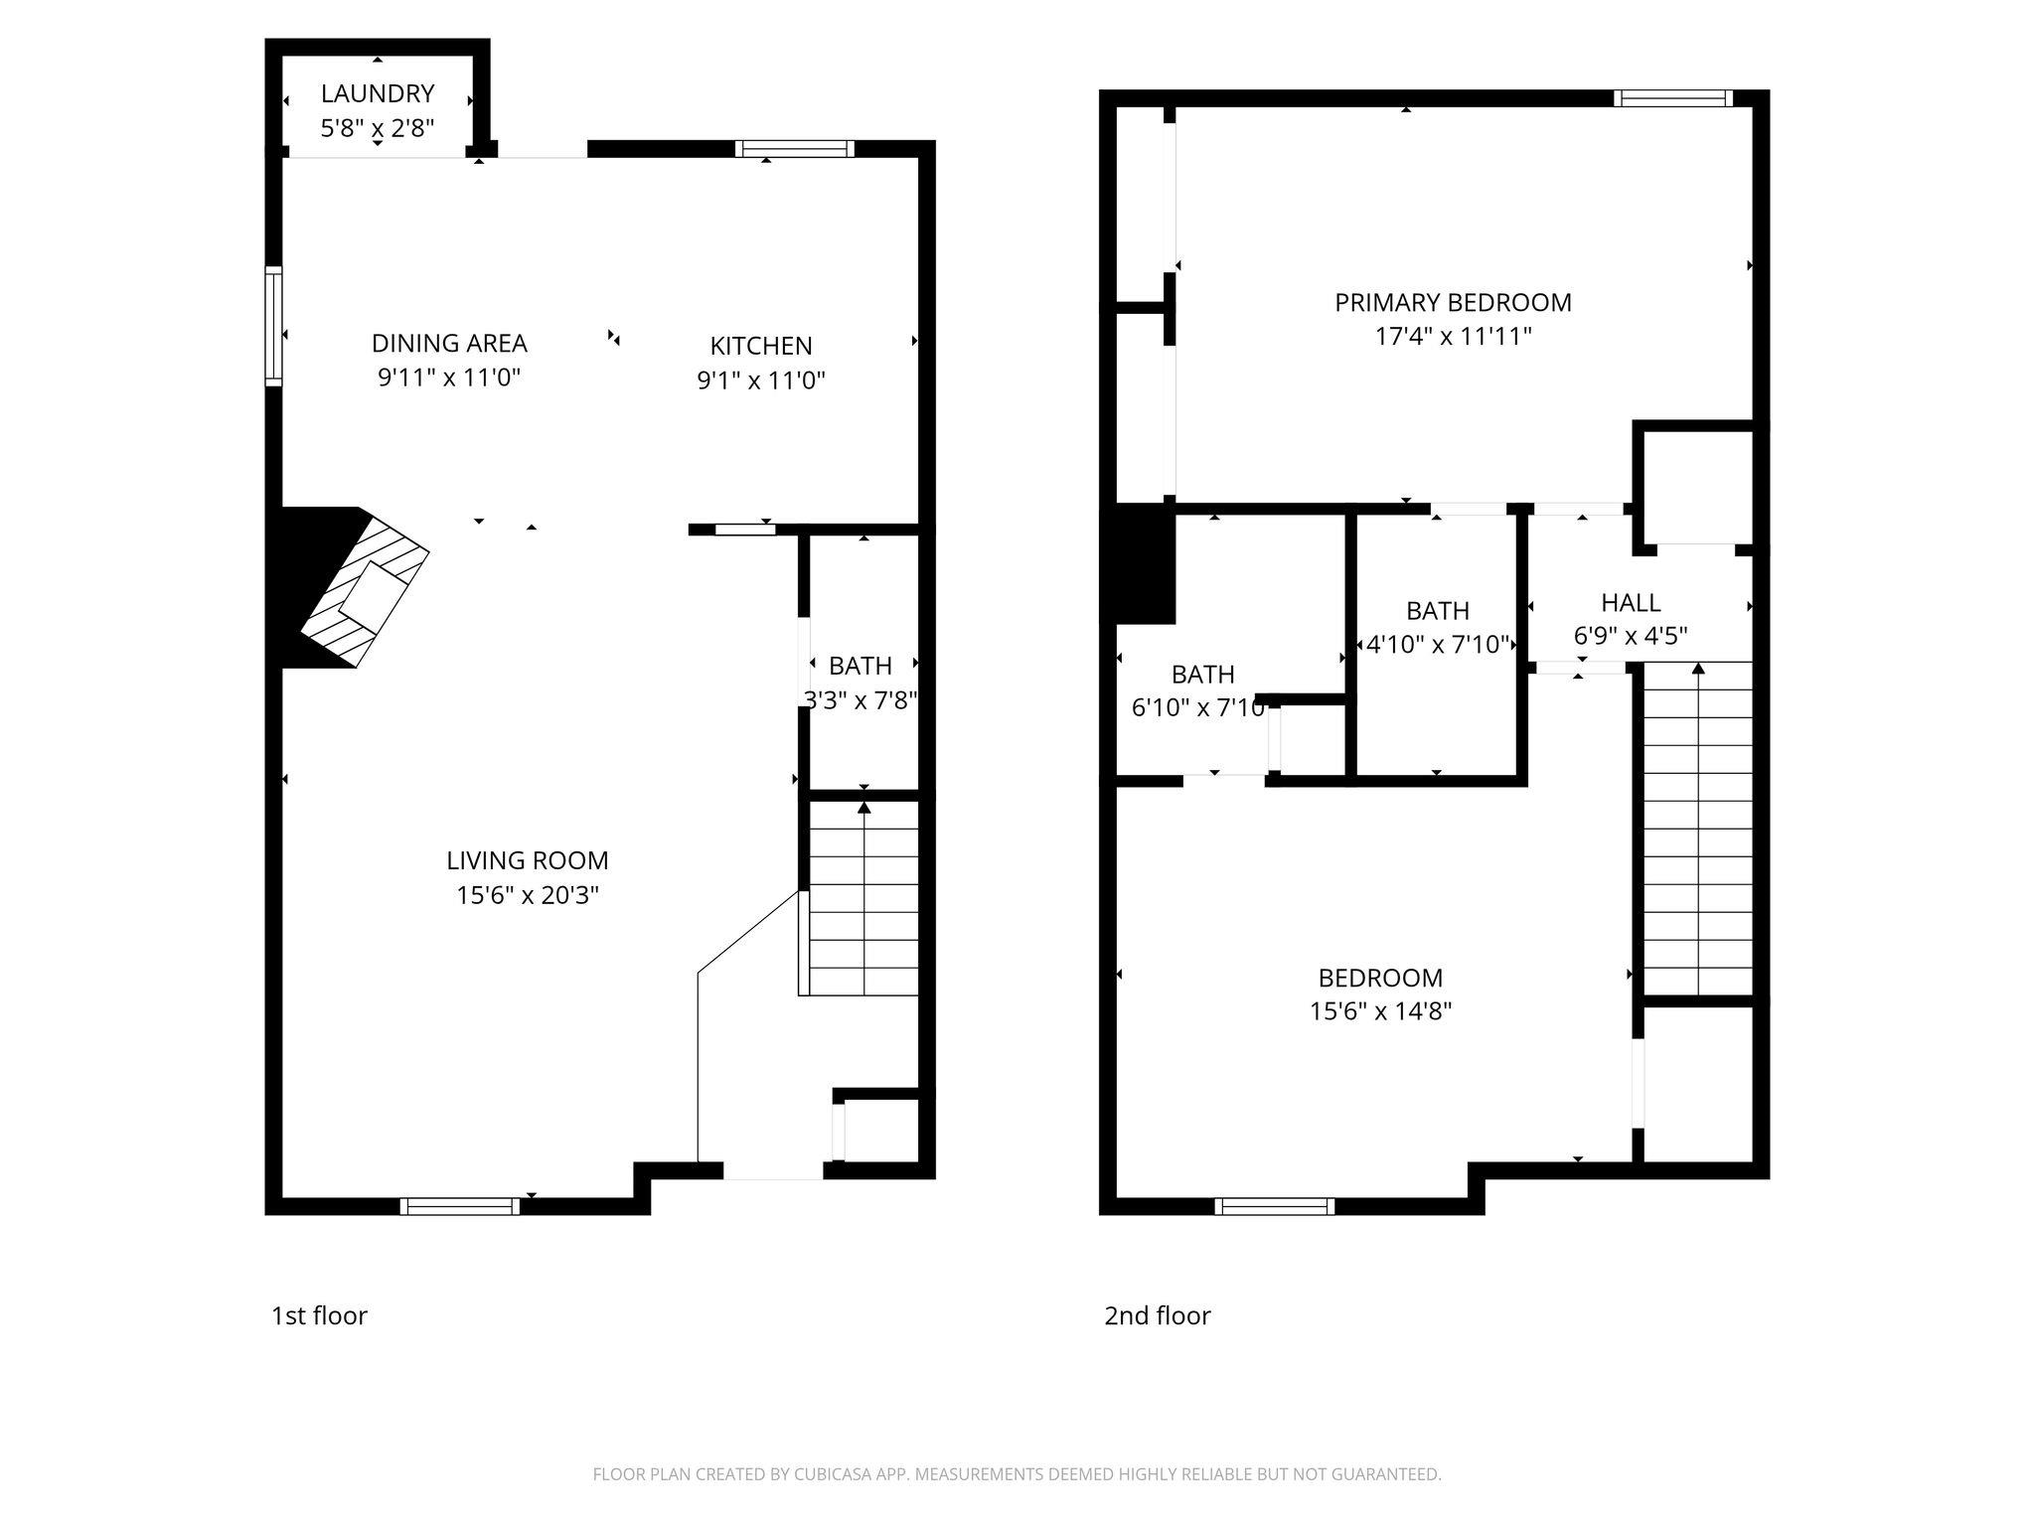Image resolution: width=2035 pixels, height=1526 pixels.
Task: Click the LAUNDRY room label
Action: [x=377, y=93]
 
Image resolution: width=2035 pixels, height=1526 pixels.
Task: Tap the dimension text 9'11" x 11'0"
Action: [x=449, y=378]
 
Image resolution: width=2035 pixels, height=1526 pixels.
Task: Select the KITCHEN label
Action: [x=761, y=346]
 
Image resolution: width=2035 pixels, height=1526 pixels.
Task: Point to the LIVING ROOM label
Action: [x=527, y=860]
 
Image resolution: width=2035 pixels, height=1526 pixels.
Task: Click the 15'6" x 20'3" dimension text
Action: [x=527, y=895]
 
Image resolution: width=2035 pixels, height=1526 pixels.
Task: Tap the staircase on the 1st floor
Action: [x=862, y=898]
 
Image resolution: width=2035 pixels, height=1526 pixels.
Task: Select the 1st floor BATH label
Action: [x=861, y=665]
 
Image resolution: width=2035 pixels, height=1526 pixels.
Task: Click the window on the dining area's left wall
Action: [x=273, y=325]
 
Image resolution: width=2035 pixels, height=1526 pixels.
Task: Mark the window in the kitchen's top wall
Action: [x=795, y=149]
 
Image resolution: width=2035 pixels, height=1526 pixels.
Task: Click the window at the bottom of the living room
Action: [x=459, y=1206]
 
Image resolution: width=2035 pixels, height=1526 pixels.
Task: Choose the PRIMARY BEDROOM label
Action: [x=1453, y=302]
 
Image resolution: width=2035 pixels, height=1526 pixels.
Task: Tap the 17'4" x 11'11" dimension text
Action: [x=1453, y=336]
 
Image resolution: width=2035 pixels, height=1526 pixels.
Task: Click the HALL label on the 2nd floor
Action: [x=1631, y=602]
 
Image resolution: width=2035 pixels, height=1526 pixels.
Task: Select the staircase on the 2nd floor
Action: [x=1697, y=829]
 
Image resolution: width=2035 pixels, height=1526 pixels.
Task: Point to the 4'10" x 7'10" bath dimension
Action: [x=1438, y=645]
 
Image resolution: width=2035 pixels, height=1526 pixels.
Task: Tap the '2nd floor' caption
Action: [x=1157, y=1315]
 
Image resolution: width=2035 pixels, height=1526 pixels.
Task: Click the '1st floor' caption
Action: [x=319, y=1315]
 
